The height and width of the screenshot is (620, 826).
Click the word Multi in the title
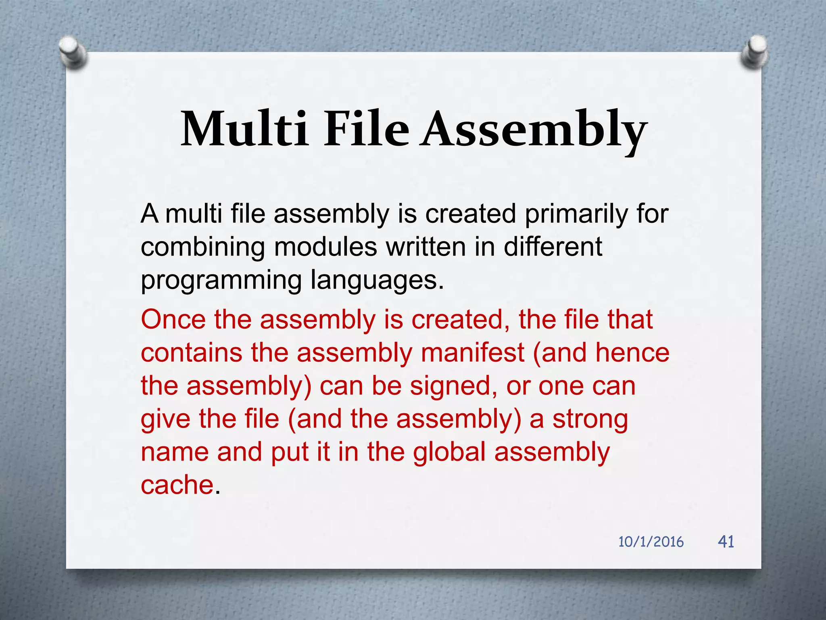(x=244, y=129)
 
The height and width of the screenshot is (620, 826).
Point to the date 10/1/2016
(x=651, y=542)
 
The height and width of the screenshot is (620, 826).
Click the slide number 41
(x=726, y=541)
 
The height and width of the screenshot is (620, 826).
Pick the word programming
(x=221, y=281)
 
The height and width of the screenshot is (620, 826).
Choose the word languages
(x=377, y=281)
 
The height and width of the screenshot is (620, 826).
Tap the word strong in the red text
(x=590, y=419)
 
